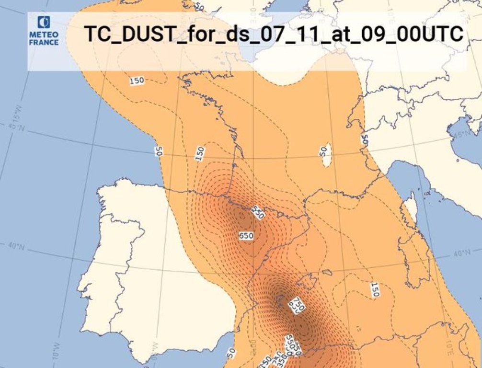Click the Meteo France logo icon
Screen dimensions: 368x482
(x=44, y=23)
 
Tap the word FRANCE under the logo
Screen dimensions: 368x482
(x=44, y=42)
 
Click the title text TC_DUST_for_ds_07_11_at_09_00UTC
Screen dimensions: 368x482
(x=274, y=34)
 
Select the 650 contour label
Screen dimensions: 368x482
(x=246, y=236)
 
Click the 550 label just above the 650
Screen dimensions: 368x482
(x=258, y=212)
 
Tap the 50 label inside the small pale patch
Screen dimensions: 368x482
(x=324, y=151)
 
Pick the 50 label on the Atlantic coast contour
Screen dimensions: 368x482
(x=159, y=151)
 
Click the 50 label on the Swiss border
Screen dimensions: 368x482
(x=364, y=140)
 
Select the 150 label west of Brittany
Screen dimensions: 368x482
(x=137, y=80)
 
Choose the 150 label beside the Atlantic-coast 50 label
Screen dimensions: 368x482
(x=200, y=153)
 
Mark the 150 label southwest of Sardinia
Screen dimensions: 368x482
(x=375, y=289)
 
